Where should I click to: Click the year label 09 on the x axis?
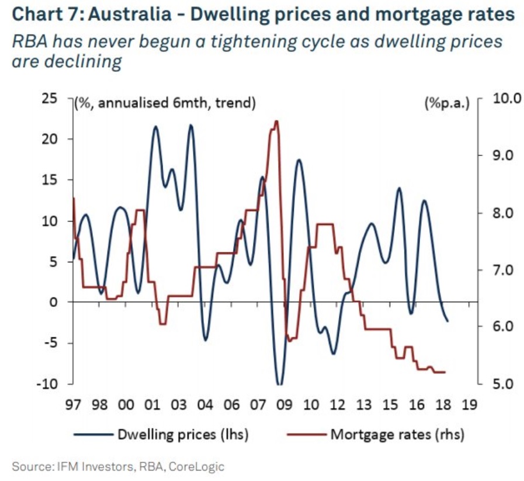point(284,404)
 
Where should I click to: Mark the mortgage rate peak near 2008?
point(276,122)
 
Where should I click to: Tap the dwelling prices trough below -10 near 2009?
point(279,384)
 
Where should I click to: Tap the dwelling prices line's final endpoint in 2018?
point(447,321)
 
